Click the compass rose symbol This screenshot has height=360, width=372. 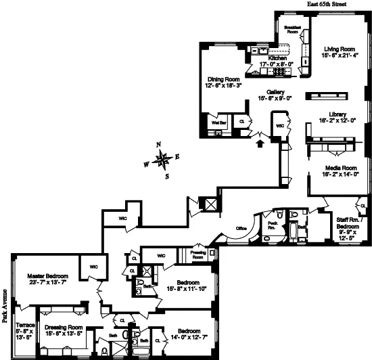(x=162, y=160)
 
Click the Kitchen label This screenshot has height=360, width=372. (x=278, y=59)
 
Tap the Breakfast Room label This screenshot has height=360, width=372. (x=292, y=30)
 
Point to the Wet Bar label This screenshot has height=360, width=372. (x=217, y=123)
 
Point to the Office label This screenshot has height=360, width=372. (x=241, y=229)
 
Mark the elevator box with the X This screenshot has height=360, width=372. (x=210, y=204)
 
